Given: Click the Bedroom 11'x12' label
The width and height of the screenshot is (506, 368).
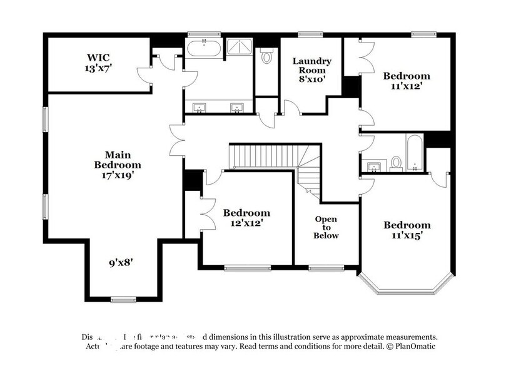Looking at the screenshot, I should click(407, 81).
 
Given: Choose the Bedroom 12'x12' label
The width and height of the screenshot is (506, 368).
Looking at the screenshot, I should click(246, 218).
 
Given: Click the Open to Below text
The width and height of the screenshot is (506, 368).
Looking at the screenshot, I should click(326, 227).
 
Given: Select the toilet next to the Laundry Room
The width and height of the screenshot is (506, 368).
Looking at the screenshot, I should click(267, 57).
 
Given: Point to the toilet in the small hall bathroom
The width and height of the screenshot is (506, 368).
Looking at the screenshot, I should click(395, 163).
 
